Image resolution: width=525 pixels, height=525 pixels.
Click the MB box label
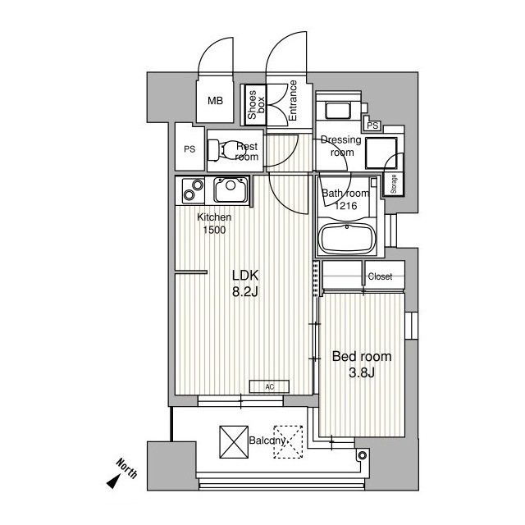coord(215,102)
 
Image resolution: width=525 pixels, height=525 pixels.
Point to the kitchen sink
coord(230,192)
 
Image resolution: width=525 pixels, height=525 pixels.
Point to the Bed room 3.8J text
coord(361,364)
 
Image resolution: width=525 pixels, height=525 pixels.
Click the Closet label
coord(381,277)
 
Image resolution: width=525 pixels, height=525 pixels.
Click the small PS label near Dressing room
coord(373,126)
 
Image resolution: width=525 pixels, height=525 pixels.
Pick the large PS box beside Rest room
coord(189,149)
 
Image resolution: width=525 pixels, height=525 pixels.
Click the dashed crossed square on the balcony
coord(288,440)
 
